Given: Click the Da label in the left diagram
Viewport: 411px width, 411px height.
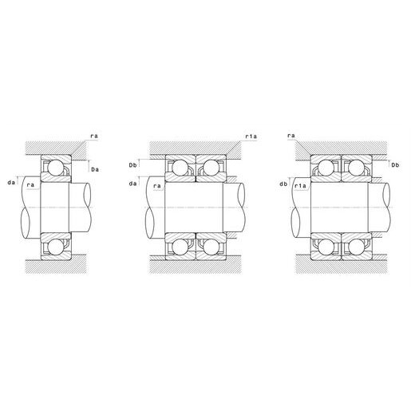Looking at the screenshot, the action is [95, 169].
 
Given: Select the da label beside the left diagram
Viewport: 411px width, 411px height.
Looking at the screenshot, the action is [11, 183].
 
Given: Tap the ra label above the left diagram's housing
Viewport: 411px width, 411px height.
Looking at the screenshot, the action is [94, 136].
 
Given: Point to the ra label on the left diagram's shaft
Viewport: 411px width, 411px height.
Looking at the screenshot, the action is [31, 185].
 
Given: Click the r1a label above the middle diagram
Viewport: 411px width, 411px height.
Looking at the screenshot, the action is [251, 136].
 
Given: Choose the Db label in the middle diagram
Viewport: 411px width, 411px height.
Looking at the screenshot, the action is [132, 165].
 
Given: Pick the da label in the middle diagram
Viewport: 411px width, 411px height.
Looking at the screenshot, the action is [132, 184].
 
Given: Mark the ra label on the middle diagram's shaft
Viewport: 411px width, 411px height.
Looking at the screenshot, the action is [157, 186].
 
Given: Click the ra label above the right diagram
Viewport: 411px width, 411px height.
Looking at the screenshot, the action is [291, 136].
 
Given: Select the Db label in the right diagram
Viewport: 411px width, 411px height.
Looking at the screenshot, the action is [395, 165].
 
